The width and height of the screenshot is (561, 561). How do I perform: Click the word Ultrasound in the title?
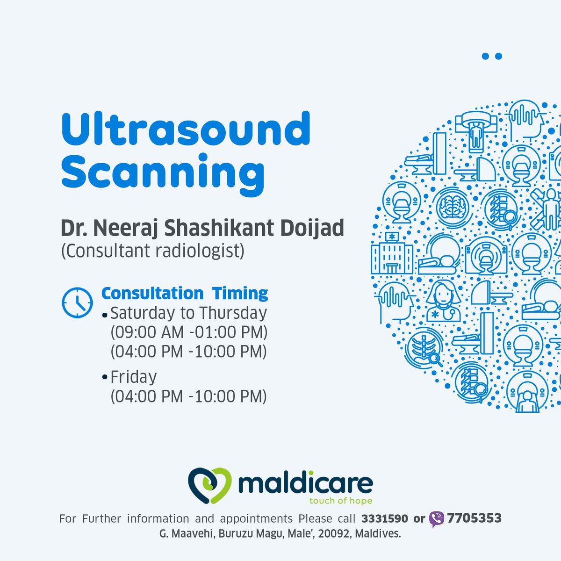[x=186, y=128]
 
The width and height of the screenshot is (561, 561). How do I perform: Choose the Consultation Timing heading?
[x=185, y=294]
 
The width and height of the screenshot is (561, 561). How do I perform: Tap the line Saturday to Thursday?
[x=188, y=313]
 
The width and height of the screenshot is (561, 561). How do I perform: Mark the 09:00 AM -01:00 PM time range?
[x=188, y=332]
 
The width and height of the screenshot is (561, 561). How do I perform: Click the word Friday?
[x=133, y=377]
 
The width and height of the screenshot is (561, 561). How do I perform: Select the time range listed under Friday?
[x=188, y=396]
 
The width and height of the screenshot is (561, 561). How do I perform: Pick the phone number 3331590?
[x=385, y=518]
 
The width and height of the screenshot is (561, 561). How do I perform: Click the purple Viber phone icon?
[x=437, y=519]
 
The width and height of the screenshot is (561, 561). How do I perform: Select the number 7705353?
[x=474, y=518]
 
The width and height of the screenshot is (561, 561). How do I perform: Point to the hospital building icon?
[x=392, y=253]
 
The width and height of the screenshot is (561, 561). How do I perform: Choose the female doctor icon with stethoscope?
[x=442, y=301]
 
